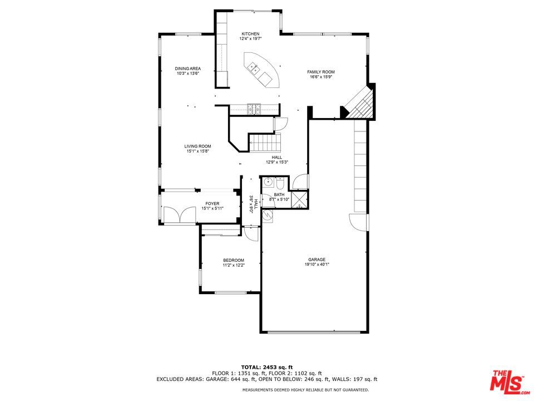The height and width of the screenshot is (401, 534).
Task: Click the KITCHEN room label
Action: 250,34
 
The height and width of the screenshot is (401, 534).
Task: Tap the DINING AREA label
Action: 187,69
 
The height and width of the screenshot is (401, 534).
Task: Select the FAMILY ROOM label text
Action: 321,72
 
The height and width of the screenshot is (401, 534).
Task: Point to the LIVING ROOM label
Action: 197,146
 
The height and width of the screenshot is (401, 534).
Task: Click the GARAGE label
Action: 317,260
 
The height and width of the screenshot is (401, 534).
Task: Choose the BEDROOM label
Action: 234,260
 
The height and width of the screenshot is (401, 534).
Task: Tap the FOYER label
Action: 212,204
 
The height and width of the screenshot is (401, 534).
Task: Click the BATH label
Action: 279,195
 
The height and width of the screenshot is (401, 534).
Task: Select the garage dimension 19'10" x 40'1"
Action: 317,264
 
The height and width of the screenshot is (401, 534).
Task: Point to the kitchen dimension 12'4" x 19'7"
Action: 250,38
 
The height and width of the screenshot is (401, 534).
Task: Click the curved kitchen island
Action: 261,70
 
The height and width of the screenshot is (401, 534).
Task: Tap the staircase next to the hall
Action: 265,143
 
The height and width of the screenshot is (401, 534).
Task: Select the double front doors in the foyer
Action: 180,215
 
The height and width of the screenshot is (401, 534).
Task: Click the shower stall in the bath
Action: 300,200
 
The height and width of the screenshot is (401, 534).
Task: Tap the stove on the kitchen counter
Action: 254,109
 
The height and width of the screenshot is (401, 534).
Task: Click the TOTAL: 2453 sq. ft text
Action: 266,367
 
